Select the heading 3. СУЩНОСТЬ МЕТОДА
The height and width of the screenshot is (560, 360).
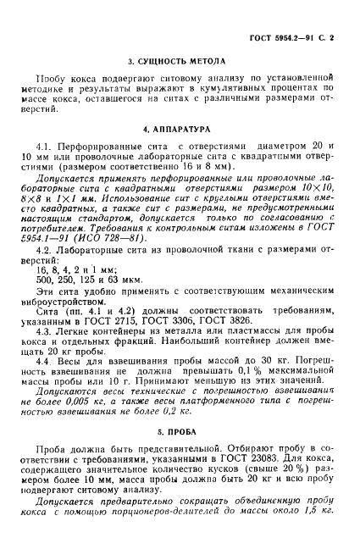pos(180,63)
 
